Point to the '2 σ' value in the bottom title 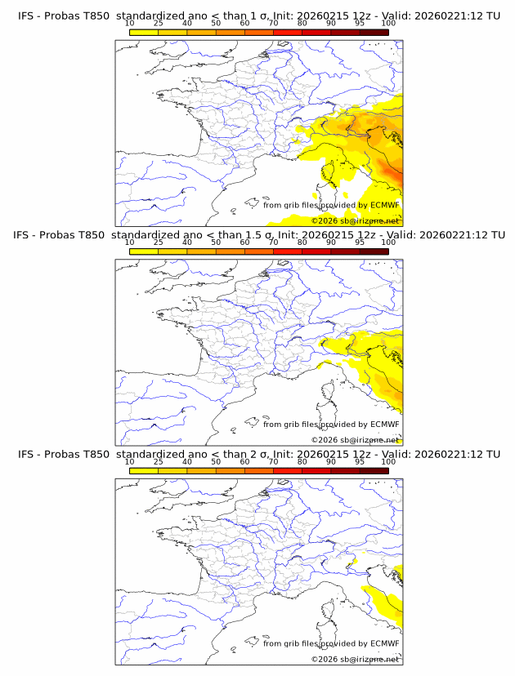click(268, 454)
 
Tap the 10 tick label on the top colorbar click(129, 23)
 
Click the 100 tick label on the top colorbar click(388, 23)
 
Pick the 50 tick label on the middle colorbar click(216, 242)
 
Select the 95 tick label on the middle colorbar click(360, 242)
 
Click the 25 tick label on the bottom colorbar click(159, 461)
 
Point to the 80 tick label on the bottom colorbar click(302, 461)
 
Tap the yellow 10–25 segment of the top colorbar click(144, 32)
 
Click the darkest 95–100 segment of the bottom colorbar click(374, 470)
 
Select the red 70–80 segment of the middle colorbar click(288, 251)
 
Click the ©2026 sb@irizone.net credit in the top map click(355, 221)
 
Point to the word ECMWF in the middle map click(385, 425)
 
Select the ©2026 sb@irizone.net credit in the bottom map click(355, 659)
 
